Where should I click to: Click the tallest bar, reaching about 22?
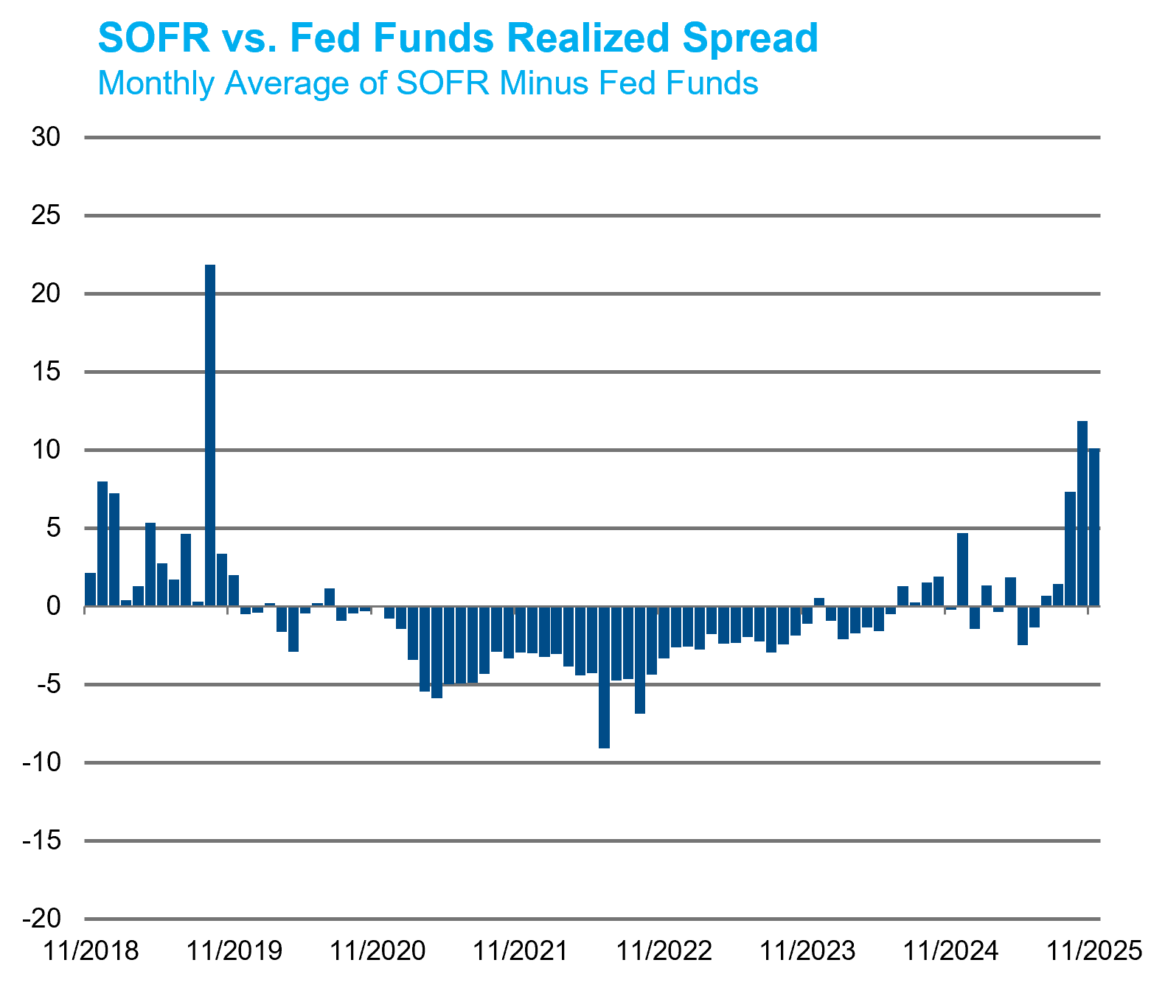point(210,435)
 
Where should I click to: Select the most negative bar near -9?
point(604,677)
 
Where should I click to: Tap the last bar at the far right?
point(1094,527)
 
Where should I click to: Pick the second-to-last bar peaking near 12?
point(1082,514)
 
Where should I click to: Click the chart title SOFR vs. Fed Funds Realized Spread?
point(458,38)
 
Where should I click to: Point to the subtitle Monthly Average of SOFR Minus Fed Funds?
point(428,83)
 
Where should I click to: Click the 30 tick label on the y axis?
point(46,137)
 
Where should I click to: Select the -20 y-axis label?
point(41,919)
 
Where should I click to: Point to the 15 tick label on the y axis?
point(46,372)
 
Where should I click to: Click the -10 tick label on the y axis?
point(41,762)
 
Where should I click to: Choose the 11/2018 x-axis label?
point(91,951)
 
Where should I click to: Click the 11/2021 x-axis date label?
point(521,951)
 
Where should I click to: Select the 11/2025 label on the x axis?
point(1094,951)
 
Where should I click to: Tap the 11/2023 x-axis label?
point(807,951)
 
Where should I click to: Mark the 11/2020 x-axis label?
point(378,951)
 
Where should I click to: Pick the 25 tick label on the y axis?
point(46,215)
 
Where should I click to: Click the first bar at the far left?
point(90,590)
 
